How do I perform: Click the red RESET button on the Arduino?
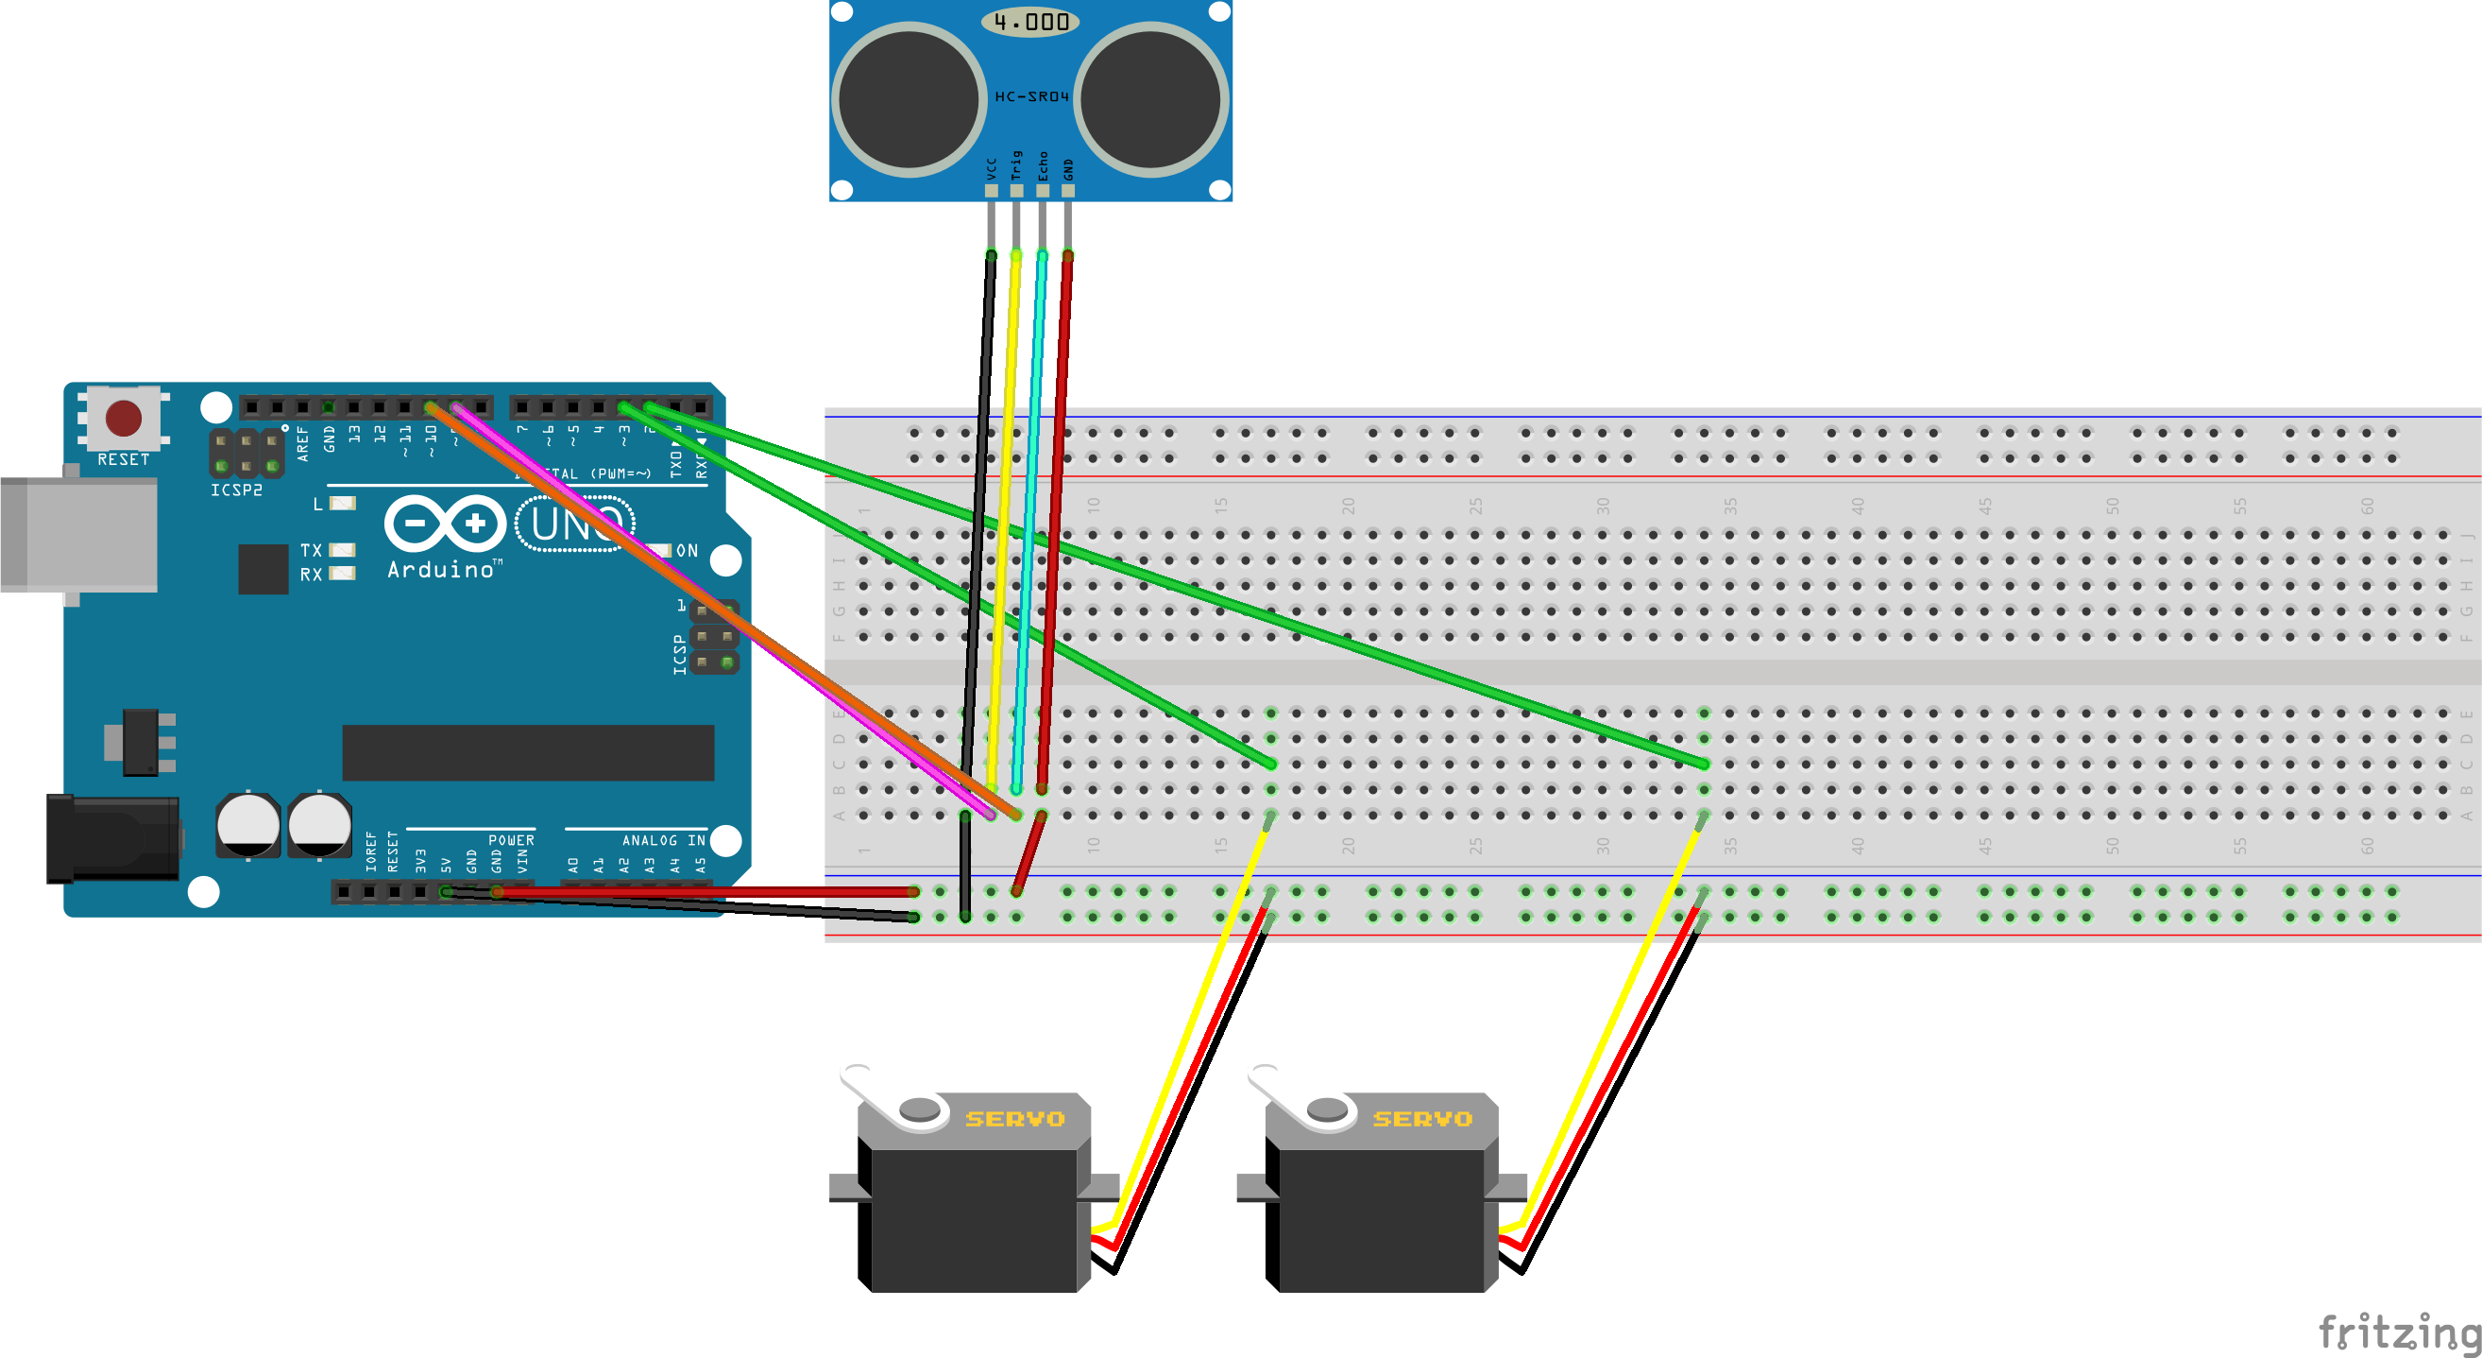click(x=124, y=419)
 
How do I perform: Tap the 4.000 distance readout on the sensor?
click(x=1031, y=21)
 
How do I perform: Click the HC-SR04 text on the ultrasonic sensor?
click(x=1031, y=96)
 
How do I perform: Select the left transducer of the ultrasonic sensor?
click(x=909, y=98)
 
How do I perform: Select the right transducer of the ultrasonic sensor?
click(x=1151, y=98)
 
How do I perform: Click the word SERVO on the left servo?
click(x=1014, y=1119)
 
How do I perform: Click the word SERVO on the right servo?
click(x=1422, y=1119)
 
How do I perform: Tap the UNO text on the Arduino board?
click(x=575, y=524)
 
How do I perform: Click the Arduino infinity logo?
click(x=445, y=524)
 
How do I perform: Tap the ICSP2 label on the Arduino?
click(x=236, y=490)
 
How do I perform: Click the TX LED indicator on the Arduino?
click(x=342, y=550)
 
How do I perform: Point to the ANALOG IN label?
click(x=663, y=840)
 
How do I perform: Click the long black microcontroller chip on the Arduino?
click(x=528, y=753)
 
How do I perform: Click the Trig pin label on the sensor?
click(x=1015, y=164)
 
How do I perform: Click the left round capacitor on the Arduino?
click(x=247, y=825)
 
